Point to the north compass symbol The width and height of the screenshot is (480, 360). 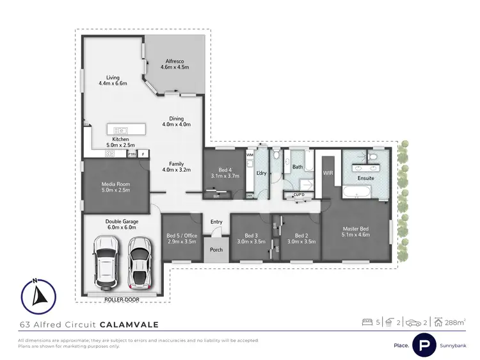(38, 295)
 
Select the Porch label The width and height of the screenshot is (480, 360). (216, 249)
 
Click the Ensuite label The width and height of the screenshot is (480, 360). (365, 178)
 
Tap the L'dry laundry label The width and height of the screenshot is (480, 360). (261, 174)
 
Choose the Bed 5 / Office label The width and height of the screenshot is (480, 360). (181, 237)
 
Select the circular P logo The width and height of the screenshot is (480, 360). (424, 345)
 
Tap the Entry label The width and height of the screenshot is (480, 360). (216, 222)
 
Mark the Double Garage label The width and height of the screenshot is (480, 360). (122, 224)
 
